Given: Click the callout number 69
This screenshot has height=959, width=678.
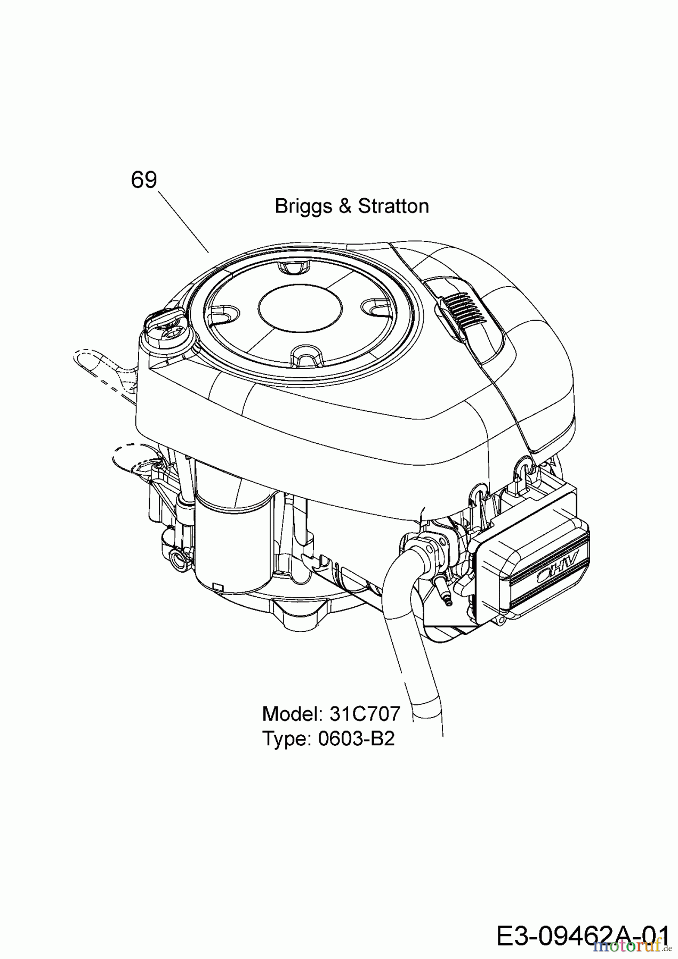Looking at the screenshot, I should (144, 180).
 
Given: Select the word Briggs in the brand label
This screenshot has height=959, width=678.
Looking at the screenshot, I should (301, 206).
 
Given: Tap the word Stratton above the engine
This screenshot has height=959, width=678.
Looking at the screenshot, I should (393, 206).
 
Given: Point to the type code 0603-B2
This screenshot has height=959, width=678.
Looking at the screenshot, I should (356, 739).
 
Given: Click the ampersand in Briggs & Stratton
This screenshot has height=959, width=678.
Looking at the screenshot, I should (344, 206).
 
